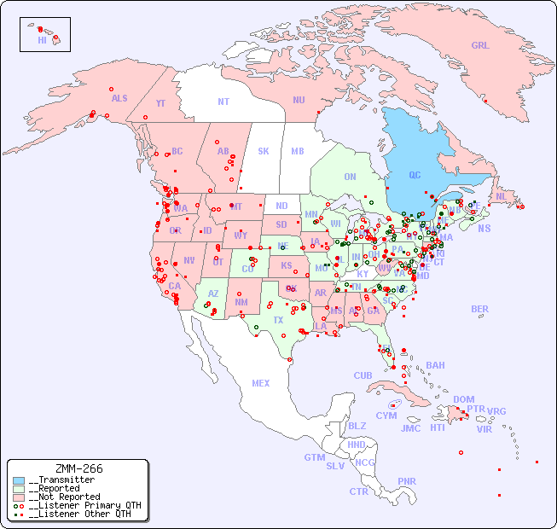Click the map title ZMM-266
click(x=78, y=468)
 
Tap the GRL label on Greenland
click(x=480, y=46)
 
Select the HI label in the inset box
click(x=42, y=40)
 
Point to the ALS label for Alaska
click(x=119, y=98)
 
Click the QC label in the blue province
click(x=415, y=176)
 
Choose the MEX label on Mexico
click(x=261, y=383)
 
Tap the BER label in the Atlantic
click(x=480, y=309)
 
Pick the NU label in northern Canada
click(x=299, y=100)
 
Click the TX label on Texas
click(x=278, y=320)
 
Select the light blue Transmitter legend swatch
click(x=19, y=480)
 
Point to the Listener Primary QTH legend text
click(x=84, y=505)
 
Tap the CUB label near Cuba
click(x=363, y=375)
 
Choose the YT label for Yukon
click(x=160, y=103)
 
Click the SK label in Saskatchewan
click(x=264, y=151)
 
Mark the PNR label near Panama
click(x=407, y=481)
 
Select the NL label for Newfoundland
click(x=501, y=196)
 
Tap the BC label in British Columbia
click(x=177, y=152)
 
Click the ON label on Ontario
click(x=350, y=177)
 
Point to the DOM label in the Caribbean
click(x=463, y=399)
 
